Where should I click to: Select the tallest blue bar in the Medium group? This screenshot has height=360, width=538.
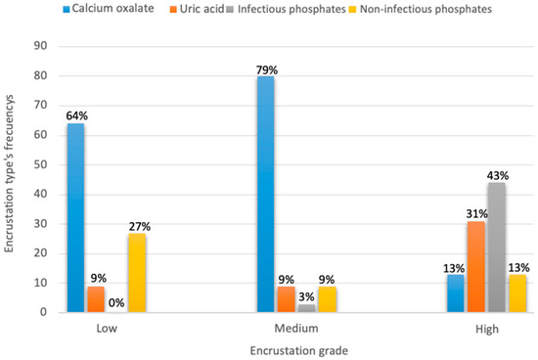pos(266,195)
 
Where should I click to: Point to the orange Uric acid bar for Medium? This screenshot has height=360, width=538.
pos(286,299)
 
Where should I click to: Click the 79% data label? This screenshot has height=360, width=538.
pos(266,67)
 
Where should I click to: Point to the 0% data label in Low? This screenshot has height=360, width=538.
pos(116,302)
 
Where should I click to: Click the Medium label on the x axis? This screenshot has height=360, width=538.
pos(285,330)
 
